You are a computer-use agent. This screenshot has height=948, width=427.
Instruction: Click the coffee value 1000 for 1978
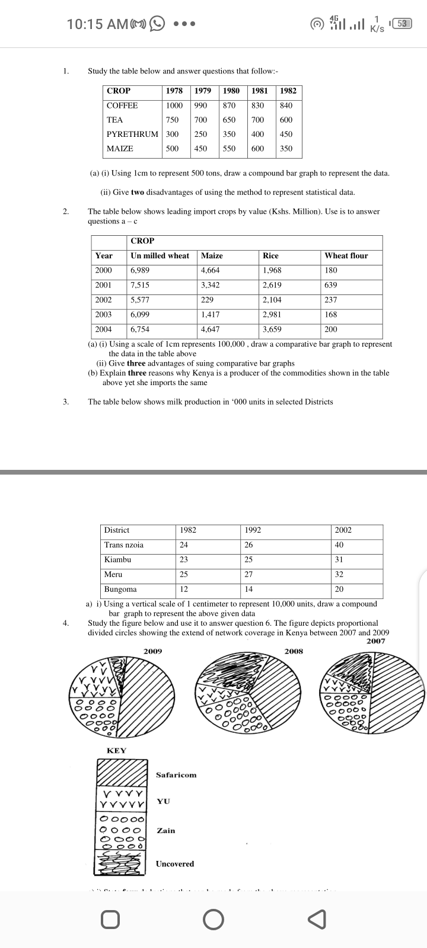pos(174,105)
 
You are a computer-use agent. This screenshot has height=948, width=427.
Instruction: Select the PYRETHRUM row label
pos(132,134)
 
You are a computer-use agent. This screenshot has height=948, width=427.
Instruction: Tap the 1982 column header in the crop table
pos(288,91)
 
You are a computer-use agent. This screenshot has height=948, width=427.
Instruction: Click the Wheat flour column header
pos(346,256)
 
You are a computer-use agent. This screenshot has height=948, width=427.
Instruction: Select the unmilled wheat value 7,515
pos(140,285)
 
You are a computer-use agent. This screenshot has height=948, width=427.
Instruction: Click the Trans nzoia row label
pos(123,545)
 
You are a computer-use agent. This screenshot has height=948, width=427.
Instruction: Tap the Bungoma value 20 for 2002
pos(339,590)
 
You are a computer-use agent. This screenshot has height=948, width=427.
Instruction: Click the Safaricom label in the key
pos(176,775)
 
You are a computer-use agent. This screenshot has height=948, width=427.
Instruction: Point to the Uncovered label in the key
pos(174,864)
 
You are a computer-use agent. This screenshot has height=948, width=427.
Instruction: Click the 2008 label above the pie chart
pos(294,651)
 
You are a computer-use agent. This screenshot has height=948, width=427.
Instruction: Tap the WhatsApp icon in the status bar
pos(157,24)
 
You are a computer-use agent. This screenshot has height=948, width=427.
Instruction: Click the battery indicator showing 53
pos(403,24)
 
